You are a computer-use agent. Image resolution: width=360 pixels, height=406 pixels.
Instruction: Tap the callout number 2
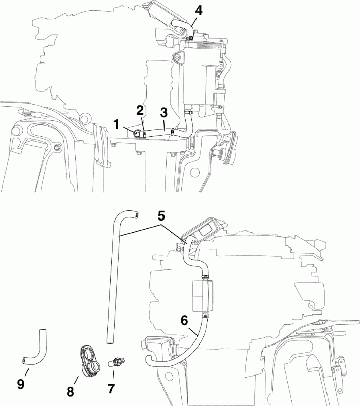(x=140, y=109)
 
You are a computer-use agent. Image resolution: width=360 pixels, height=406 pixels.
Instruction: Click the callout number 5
(x=160, y=215)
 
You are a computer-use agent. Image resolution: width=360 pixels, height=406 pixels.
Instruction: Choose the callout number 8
(x=70, y=392)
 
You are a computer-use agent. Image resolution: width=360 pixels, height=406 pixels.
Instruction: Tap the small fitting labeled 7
(x=118, y=362)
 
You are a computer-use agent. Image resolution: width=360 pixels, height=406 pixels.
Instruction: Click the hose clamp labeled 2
(x=145, y=134)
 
